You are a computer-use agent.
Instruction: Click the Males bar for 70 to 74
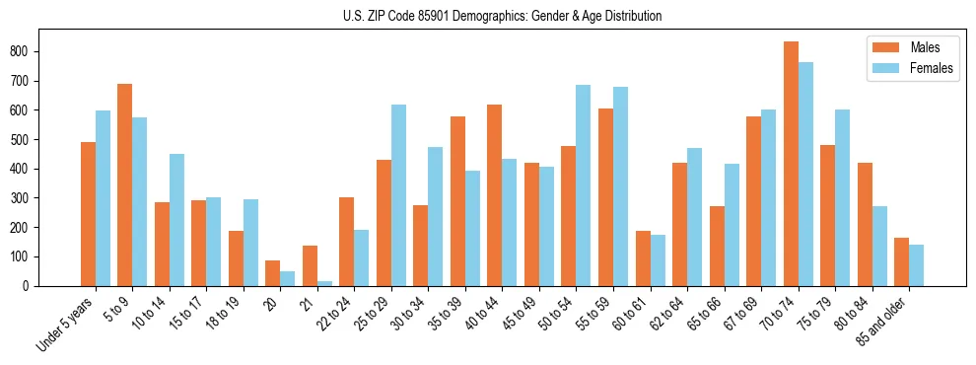click(791, 164)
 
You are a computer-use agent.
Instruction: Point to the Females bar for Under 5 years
click(103, 198)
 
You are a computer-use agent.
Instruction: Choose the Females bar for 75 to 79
click(842, 197)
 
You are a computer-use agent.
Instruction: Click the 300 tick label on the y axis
click(27, 198)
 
